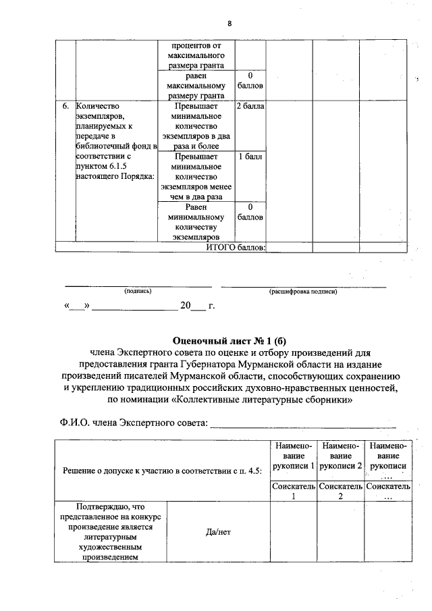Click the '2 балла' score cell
250,107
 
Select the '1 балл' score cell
250,156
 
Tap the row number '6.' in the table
65,107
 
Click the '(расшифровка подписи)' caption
303,291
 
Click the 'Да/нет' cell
218,531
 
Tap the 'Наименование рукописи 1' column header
294,456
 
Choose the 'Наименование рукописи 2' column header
341,456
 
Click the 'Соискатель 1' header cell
294,491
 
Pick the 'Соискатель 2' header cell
341,491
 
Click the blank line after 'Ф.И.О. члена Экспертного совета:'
304,424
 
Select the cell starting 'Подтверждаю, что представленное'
111,531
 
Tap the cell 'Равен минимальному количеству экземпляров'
194,222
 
